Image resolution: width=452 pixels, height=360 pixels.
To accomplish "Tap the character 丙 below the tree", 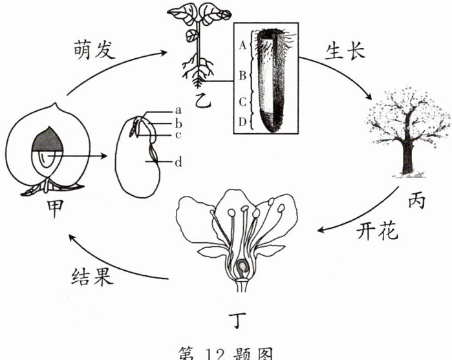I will [x=417, y=201].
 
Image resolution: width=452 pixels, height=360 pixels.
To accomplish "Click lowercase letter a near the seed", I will [x=177, y=111].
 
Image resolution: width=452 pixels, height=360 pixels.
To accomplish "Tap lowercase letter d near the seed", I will [x=178, y=162].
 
